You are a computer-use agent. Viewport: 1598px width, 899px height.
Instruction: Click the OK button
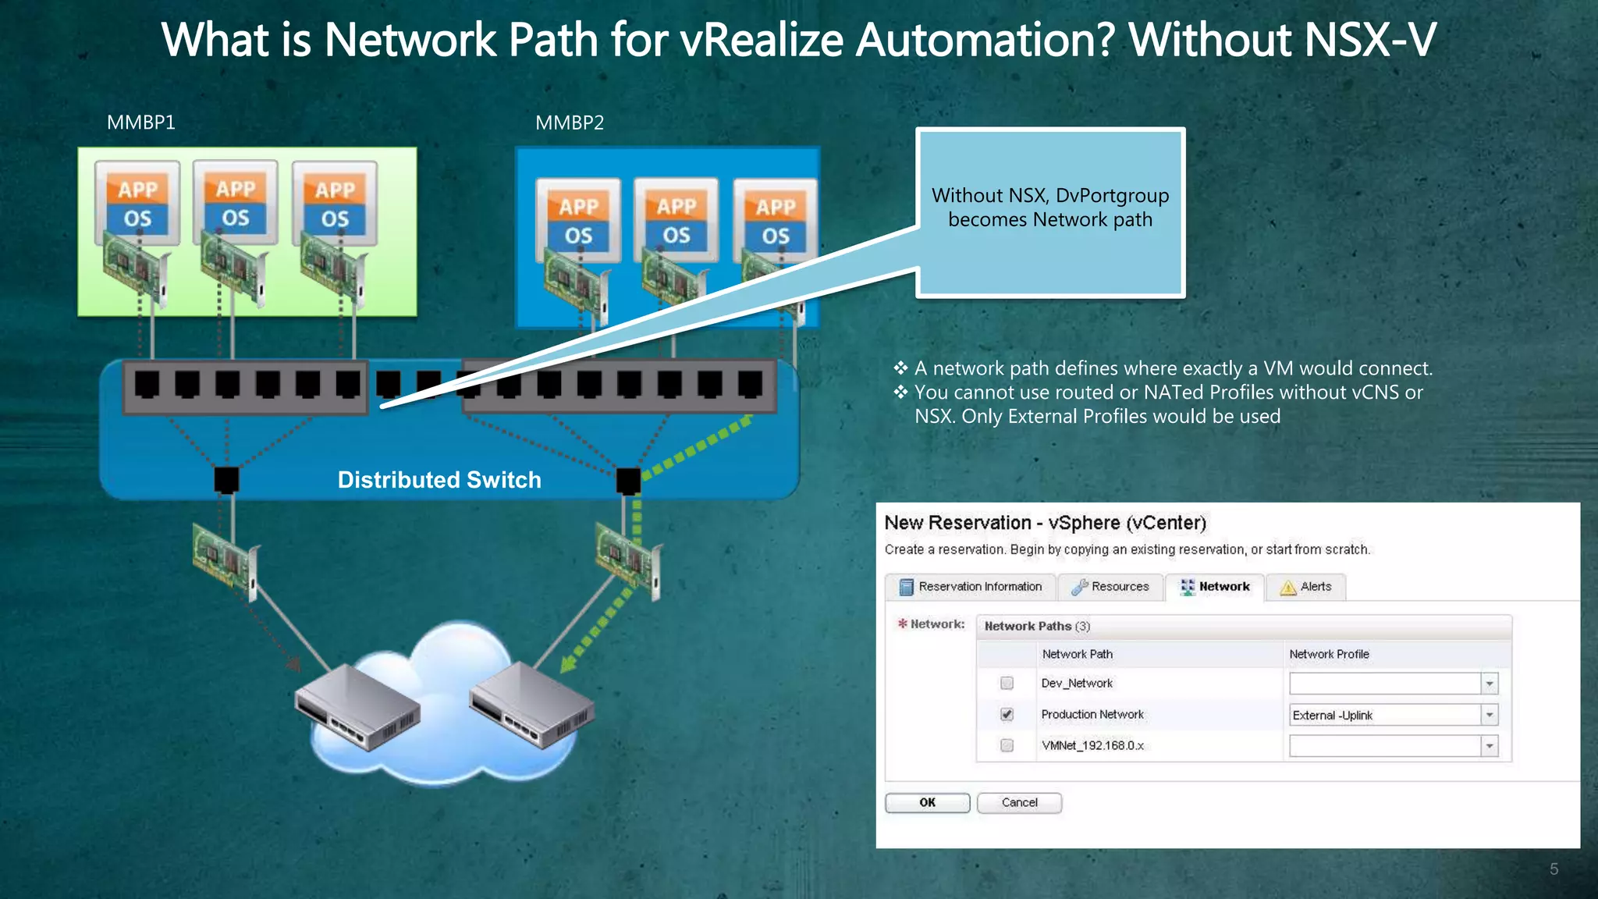coord(927,802)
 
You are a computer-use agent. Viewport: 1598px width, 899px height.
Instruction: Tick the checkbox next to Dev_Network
coord(1007,684)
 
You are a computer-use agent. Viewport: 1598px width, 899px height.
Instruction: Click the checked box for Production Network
coord(1007,714)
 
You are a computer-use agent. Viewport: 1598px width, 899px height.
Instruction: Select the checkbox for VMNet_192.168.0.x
coord(1007,745)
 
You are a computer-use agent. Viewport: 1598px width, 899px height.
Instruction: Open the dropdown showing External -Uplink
coord(1489,715)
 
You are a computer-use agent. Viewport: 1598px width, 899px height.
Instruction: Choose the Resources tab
coord(1110,587)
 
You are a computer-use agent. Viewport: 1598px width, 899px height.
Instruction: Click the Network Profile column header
coord(1329,654)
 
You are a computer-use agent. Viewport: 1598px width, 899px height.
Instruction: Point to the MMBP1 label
coord(141,123)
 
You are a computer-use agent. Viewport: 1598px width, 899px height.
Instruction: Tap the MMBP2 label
coord(570,123)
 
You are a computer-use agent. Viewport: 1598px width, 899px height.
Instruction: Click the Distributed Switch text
coord(439,479)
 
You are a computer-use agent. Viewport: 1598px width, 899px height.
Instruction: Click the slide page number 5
coord(1554,869)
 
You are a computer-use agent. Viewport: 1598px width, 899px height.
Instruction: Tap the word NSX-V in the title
coord(1369,40)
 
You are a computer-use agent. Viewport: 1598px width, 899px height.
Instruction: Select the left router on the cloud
coord(357,706)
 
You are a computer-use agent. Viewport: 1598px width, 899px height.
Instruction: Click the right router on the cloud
coord(531,703)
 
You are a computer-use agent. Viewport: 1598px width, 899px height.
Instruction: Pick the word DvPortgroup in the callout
coord(1112,195)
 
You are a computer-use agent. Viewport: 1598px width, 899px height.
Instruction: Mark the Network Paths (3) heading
coord(1037,626)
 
